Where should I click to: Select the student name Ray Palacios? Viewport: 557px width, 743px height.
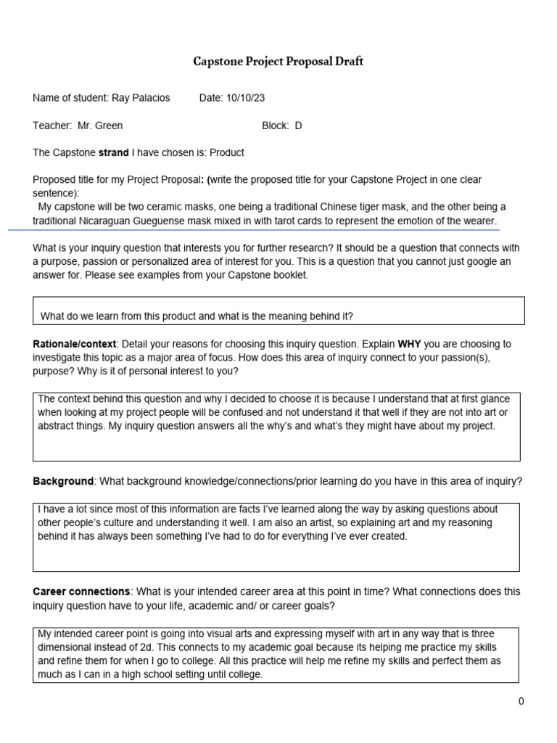coord(140,98)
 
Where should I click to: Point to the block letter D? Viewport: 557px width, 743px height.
coord(298,126)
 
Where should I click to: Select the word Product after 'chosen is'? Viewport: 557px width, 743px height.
coord(227,152)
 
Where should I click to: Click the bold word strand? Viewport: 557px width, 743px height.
coord(113,152)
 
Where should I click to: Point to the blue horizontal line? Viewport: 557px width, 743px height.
coord(254,229)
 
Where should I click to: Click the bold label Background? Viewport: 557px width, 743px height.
coord(63,482)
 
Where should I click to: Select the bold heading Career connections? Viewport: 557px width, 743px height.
coord(82,592)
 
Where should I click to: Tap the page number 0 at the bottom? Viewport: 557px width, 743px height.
coord(521,701)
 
